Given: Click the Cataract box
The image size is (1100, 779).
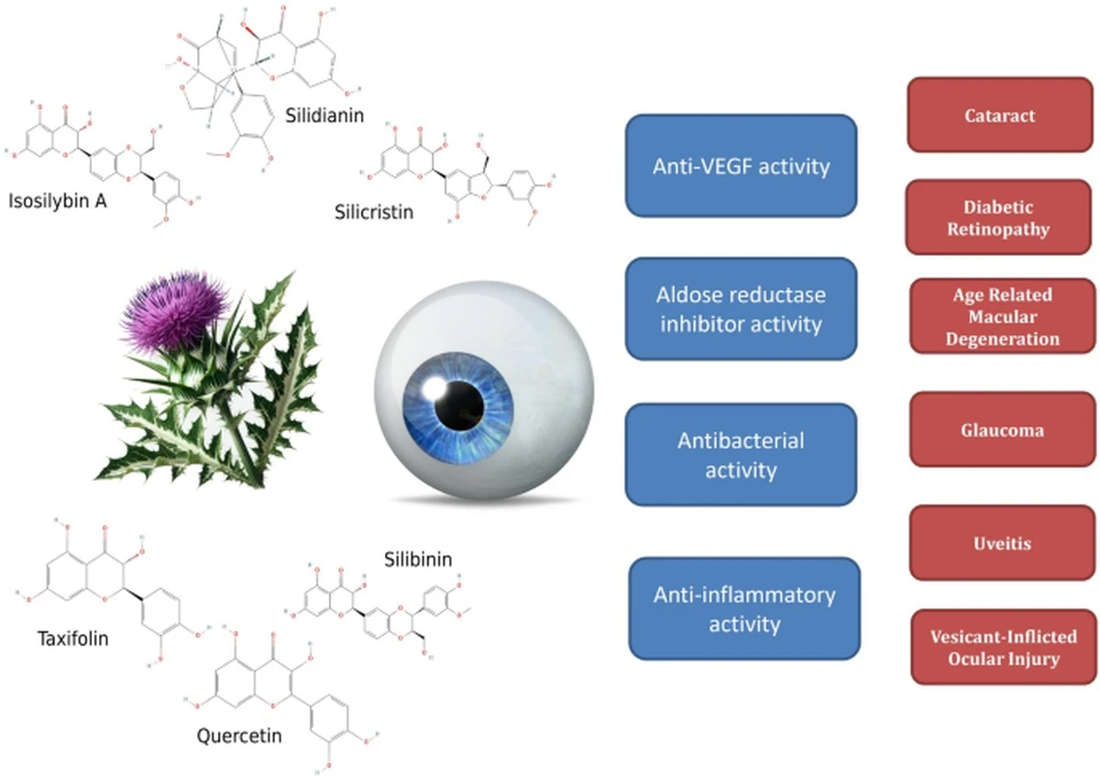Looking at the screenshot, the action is point(1000,115).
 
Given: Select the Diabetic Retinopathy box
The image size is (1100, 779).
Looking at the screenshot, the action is point(999,217).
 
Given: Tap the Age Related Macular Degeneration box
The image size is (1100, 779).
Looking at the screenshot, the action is point(1003,316).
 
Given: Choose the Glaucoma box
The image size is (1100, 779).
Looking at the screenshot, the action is point(1003,429).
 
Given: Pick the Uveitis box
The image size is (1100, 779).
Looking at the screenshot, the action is point(1003,543).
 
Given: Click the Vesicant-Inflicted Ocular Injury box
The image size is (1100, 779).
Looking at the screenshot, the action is point(1004,647).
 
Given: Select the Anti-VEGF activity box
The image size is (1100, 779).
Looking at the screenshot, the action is point(741,166).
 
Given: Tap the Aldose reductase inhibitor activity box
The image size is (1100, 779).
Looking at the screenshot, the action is point(741,309).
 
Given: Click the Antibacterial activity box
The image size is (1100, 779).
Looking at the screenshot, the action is point(741,455).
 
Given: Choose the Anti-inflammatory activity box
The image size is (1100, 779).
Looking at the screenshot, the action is point(744,609).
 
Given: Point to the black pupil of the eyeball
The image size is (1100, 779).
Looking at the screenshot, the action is point(459,406).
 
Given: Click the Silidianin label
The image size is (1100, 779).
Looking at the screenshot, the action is point(324,116).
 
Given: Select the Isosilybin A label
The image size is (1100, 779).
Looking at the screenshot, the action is point(58,202).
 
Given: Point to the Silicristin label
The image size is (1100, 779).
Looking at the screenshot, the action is point(374,212).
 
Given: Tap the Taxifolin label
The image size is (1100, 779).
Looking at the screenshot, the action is point(72,639).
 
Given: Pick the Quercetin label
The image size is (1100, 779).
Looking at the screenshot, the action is point(239,736).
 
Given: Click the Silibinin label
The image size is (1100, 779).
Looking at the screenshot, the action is point(418,560).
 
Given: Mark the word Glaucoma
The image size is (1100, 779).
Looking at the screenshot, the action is point(1002,430).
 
